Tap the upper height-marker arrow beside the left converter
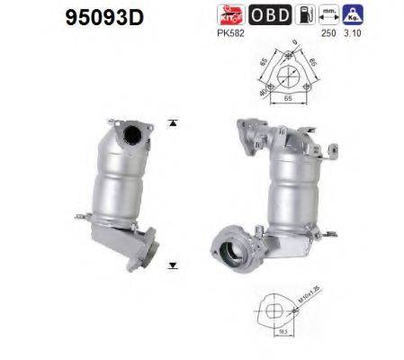[x=170, y=121]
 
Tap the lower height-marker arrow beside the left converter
[x=170, y=267]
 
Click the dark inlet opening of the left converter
[x=136, y=137]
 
